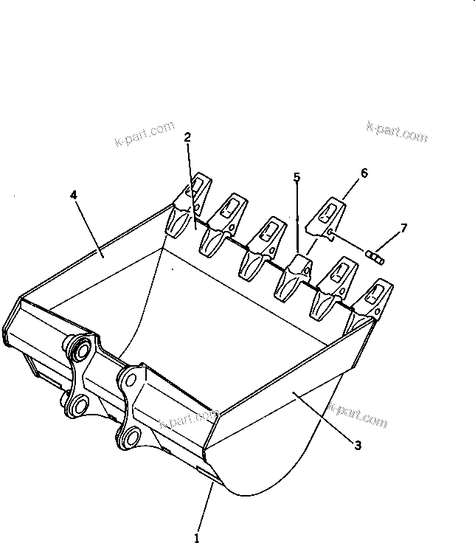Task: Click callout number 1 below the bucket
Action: pos(197,538)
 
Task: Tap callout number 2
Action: pos(187,137)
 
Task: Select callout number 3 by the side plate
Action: pos(357,445)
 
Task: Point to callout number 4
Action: pos(73,195)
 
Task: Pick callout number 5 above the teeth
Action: pos(297,177)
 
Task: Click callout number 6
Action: pos(364,173)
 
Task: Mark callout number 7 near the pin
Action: pos(403,228)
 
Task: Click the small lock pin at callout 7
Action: pos(376,255)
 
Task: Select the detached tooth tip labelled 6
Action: pos(328,216)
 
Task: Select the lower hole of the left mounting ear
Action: pos(78,404)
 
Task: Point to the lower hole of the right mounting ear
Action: pos(128,437)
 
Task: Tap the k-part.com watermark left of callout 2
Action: pos(144,135)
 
